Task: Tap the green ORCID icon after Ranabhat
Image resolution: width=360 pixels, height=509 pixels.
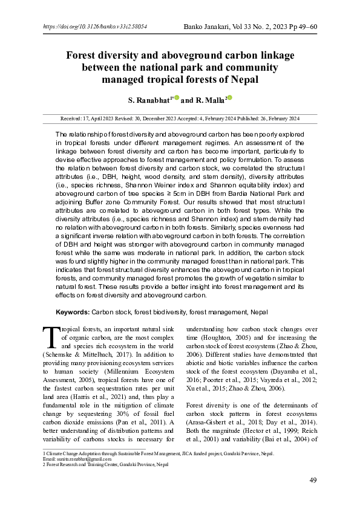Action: click(177, 97)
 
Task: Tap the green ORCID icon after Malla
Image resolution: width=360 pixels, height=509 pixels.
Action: click(230, 97)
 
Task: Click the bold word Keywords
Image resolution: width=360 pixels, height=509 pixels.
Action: click(73, 312)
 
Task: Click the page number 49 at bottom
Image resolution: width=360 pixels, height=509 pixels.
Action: click(313, 480)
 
